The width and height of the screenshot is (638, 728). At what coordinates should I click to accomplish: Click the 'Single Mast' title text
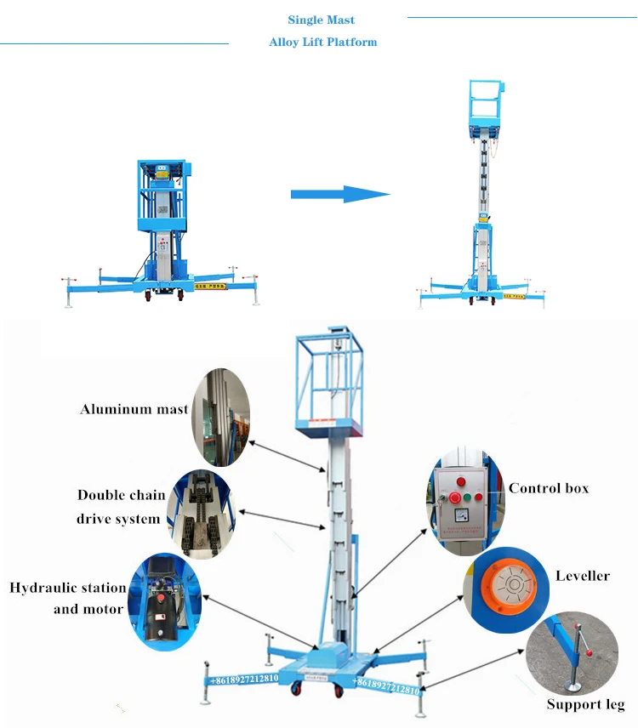coord(321,20)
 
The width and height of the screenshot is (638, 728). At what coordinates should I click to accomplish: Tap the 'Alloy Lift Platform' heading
coord(322,42)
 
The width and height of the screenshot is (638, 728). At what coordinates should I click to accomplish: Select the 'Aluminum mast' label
coord(134,409)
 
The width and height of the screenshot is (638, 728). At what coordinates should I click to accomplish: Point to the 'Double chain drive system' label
coord(118,506)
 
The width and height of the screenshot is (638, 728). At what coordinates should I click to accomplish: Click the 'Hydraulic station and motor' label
coord(68,598)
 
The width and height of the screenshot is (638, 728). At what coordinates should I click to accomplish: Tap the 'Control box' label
coord(549,488)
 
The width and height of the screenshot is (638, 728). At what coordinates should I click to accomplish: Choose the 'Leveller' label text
coord(583,576)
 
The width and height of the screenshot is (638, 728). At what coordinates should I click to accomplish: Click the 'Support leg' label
coord(585,704)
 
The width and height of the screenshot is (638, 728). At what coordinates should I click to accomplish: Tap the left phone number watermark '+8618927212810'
coord(244,679)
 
